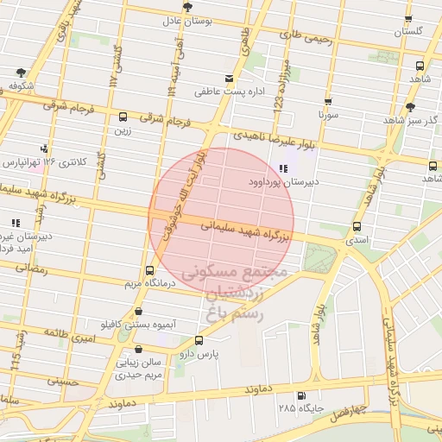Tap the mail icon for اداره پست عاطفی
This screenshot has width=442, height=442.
229,79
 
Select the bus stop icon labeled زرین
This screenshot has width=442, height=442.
123,117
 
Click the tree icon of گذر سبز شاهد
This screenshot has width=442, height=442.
412,109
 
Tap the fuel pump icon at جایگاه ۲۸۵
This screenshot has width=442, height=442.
300,396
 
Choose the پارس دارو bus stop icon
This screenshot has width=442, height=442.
199,341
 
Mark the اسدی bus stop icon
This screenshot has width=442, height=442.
357,227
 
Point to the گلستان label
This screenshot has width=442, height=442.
410,31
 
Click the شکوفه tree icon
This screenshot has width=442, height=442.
20,73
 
